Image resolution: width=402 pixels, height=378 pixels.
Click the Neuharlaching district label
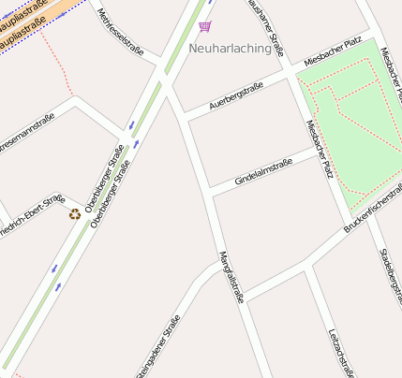(230, 48)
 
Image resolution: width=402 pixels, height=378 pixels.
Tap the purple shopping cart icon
(205, 26)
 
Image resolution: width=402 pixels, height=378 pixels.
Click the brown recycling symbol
(75, 214)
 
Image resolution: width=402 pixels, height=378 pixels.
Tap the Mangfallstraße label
(231, 277)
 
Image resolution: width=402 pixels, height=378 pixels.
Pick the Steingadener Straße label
(158, 346)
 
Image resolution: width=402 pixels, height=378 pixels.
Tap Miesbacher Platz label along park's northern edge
(334, 52)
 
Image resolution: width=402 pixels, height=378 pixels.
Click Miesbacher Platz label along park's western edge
(320, 149)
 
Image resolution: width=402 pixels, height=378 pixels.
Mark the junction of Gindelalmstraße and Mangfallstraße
(210, 191)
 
